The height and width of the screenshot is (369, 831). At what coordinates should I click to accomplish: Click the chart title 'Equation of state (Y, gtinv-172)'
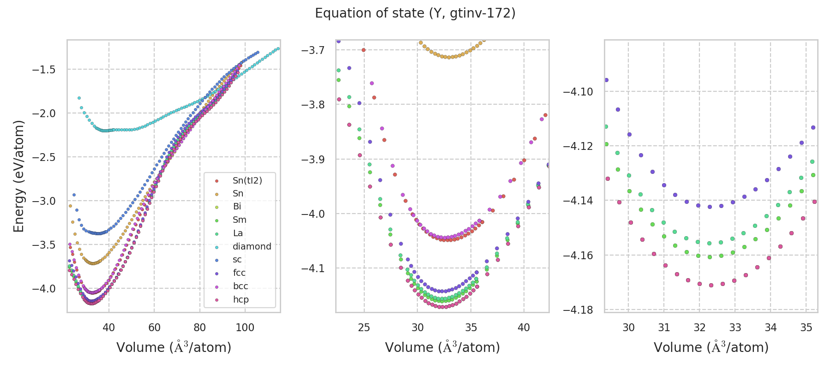(415, 13)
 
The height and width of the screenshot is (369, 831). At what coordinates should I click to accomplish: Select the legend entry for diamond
(252, 246)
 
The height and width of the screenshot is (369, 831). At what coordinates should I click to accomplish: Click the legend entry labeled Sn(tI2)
(247, 180)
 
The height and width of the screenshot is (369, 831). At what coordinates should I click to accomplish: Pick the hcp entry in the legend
(241, 299)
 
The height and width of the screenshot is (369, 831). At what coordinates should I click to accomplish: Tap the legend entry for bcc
(241, 286)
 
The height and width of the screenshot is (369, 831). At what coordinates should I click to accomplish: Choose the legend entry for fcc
(239, 273)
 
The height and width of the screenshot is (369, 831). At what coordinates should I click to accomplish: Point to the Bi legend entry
(237, 207)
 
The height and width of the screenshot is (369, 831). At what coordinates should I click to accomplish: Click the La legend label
(238, 233)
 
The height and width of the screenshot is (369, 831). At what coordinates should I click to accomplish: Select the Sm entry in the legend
(239, 220)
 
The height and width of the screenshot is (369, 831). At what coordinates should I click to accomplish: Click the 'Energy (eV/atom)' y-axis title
(18, 176)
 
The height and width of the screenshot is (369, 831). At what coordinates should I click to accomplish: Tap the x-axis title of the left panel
(174, 347)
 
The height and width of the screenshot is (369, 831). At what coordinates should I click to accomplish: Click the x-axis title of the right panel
(711, 347)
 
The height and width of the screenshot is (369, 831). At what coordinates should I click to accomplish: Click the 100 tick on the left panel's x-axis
(245, 327)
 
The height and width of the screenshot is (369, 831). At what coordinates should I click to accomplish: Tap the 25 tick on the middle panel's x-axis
(364, 327)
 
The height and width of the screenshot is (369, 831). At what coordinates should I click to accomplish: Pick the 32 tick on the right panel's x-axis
(699, 327)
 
